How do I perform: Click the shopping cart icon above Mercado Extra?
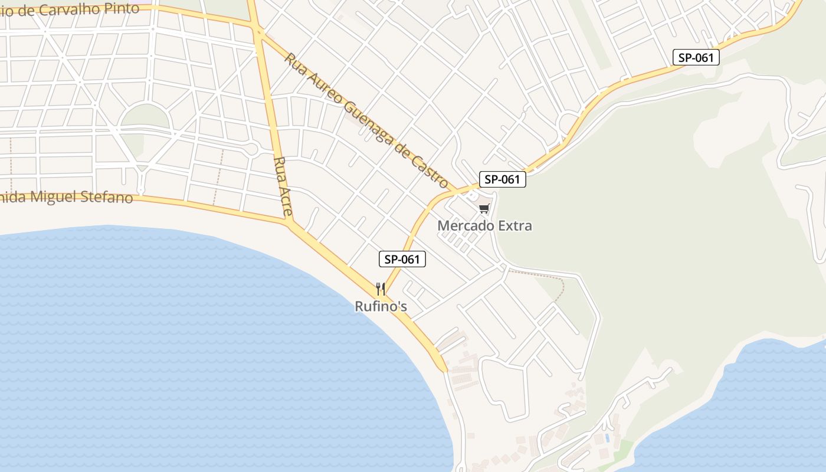(484, 208)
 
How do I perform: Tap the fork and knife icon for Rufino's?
(381, 289)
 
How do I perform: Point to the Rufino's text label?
(381, 307)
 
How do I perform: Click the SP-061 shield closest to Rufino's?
(402, 259)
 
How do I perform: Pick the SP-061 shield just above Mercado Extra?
(502, 179)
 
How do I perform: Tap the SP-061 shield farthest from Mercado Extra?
(696, 57)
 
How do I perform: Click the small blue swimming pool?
(607, 438)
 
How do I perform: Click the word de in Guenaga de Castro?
(404, 152)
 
